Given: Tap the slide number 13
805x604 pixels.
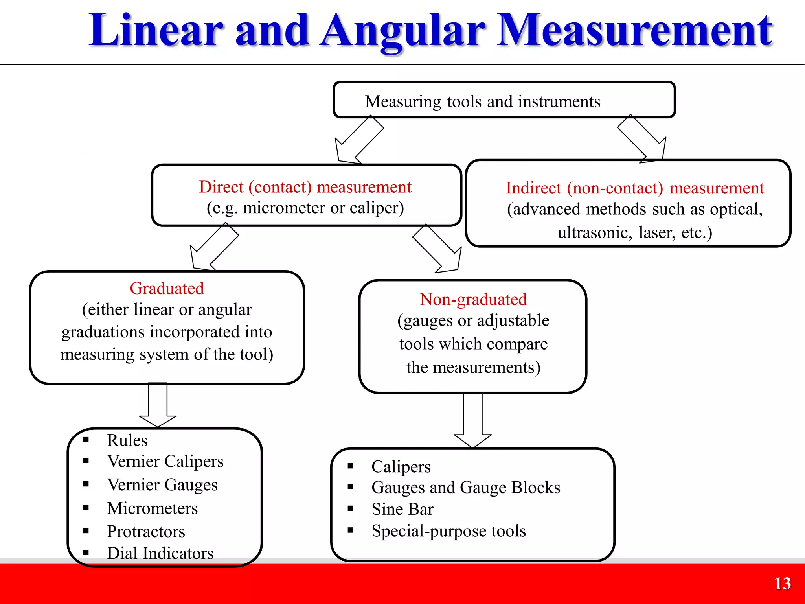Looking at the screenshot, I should point(782,584).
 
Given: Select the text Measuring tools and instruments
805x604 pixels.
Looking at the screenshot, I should point(482,101).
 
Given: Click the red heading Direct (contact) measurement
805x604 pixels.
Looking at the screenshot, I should point(305,187).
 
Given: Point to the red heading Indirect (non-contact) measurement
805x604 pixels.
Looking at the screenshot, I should point(634,188).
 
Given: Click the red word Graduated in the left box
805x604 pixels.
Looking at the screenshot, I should point(167,288).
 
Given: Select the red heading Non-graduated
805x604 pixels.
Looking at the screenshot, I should point(473,299).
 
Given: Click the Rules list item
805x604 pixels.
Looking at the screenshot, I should point(127,440).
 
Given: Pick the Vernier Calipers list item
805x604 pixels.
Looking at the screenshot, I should point(165,461).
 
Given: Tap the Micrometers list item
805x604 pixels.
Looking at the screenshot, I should point(152,508).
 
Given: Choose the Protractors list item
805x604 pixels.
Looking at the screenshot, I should point(146,531).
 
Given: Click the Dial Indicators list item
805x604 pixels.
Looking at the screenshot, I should point(160,553).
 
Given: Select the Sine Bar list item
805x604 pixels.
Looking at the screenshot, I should point(402,509).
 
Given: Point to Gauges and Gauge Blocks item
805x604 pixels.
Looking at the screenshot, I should point(466,488).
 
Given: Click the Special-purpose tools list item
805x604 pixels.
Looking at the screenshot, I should point(448,531).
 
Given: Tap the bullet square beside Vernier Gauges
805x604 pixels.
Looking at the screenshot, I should point(86,484).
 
